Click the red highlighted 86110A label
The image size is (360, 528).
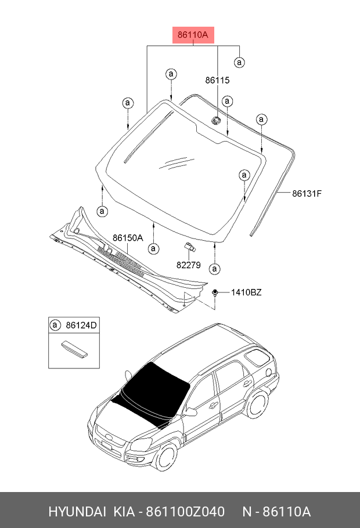[x=193, y=35]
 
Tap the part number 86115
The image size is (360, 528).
[x=217, y=81]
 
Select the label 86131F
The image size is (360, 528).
[x=306, y=193]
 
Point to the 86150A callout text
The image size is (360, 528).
[x=128, y=238]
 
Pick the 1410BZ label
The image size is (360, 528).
[x=246, y=292]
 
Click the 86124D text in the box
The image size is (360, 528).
[x=81, y=326]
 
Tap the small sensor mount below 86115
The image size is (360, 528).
[x=215, y=120]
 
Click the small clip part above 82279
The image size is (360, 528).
[x=190, y=247]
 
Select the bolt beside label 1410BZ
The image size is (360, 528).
[x=215, y=292]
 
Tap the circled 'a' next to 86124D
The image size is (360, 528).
[x=55, y=326]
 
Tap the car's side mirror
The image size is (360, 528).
[x=190, y=413]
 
